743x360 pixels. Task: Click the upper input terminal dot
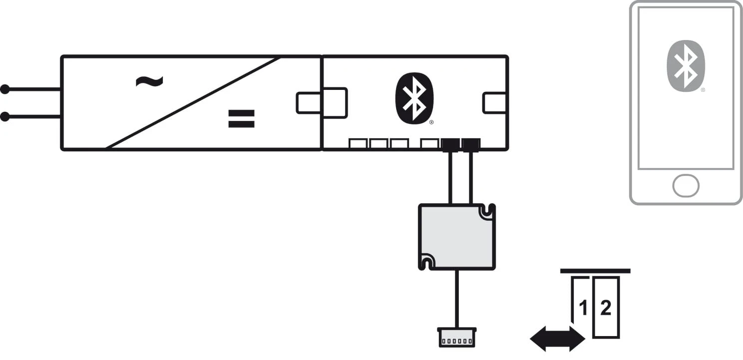5,89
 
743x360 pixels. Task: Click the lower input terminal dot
5,117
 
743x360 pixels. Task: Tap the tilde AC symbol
149,81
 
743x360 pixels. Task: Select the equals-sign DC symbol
241,118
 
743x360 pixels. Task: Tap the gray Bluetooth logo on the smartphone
686,66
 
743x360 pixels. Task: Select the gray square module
456,237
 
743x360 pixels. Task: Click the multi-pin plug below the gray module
456,337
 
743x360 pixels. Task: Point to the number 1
582,308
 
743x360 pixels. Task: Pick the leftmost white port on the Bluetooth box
358,144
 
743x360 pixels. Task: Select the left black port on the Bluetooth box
450,144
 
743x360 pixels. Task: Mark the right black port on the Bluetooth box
471,144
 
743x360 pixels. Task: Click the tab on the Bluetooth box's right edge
495,103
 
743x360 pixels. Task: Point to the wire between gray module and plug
456,299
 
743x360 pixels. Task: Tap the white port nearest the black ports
429,144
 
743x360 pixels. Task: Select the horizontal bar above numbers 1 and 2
595,271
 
